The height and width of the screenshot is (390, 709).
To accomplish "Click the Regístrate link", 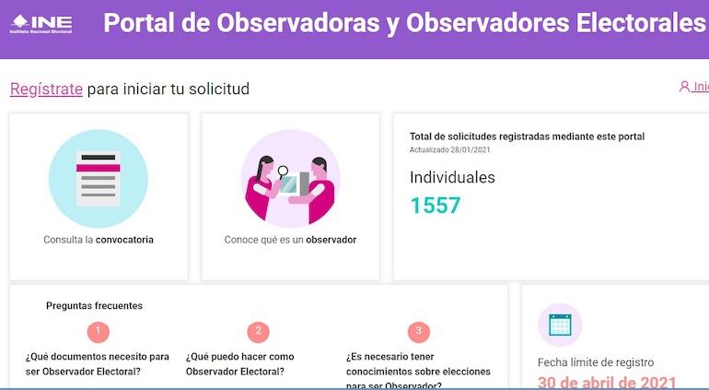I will tap(46, 89).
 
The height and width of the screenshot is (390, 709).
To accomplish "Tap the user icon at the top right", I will tap(684, 87).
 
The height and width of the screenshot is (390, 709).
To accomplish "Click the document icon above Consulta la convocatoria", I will tap(99, 178).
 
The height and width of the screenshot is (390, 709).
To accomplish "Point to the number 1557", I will tap(435, 206).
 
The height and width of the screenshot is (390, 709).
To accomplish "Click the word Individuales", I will tap(452, 177).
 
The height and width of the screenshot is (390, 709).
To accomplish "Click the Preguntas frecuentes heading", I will tap(94, 306).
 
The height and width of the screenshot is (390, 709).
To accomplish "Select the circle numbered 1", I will tap(99, 332).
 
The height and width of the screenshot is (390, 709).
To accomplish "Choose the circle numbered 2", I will tap(259, 332).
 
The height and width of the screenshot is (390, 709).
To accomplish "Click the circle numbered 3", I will tap(418, 332).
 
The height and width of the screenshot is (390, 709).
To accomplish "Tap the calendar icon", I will tap(560, 325).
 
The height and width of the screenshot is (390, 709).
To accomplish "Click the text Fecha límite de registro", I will tap(595, 362).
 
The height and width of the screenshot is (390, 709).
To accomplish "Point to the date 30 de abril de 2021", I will tap(607, 383).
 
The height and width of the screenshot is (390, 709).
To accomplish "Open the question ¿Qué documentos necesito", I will tap(97, 363).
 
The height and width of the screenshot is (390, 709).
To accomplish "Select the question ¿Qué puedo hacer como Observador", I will tap(240, 363).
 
